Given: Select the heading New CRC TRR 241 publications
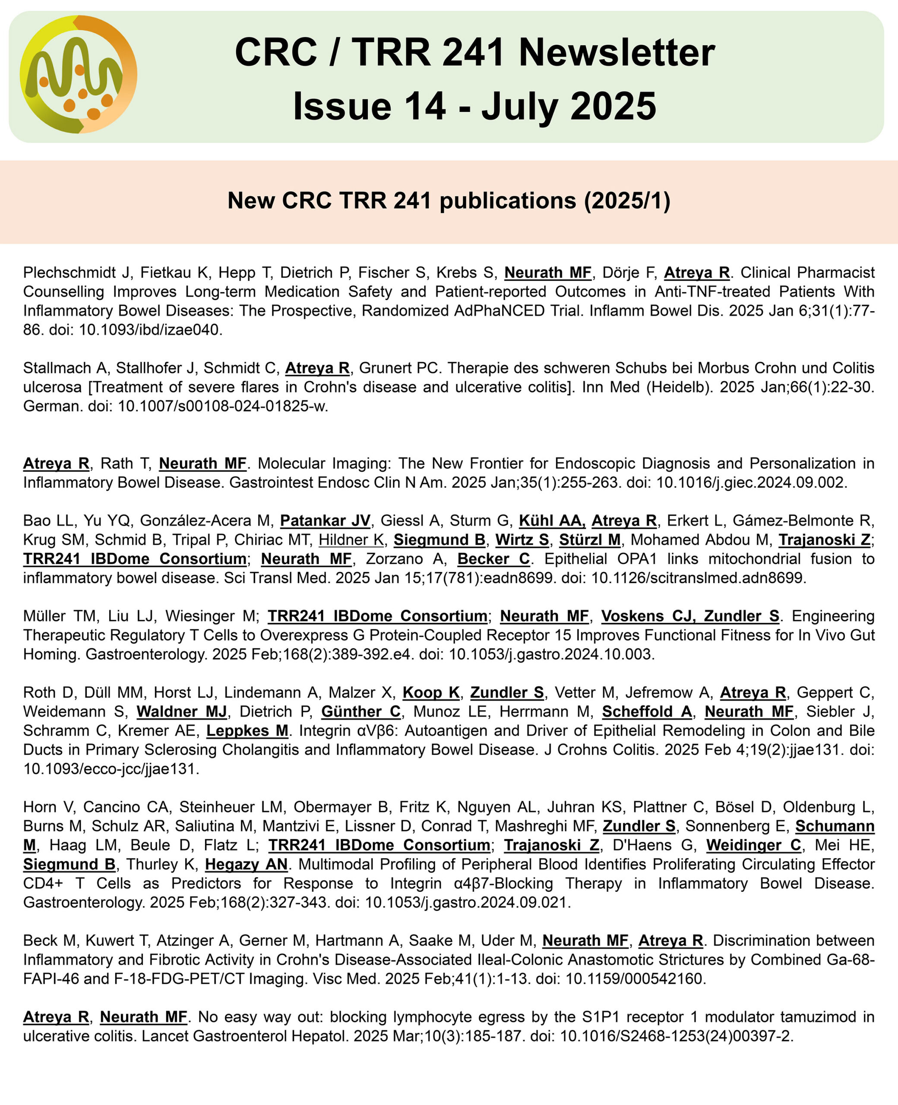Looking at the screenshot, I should (x=449, y=201).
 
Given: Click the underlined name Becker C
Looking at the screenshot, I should (x=493, y=559).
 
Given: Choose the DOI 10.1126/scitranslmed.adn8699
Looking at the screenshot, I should (x=699, y=578).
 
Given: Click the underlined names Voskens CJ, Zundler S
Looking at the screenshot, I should (x=690, y=616).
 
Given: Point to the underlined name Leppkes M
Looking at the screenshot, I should (x=247, y=731).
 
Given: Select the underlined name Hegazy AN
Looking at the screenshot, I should (x=246, y=864).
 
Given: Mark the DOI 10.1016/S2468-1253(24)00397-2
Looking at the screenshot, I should (x=677, y=1036).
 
